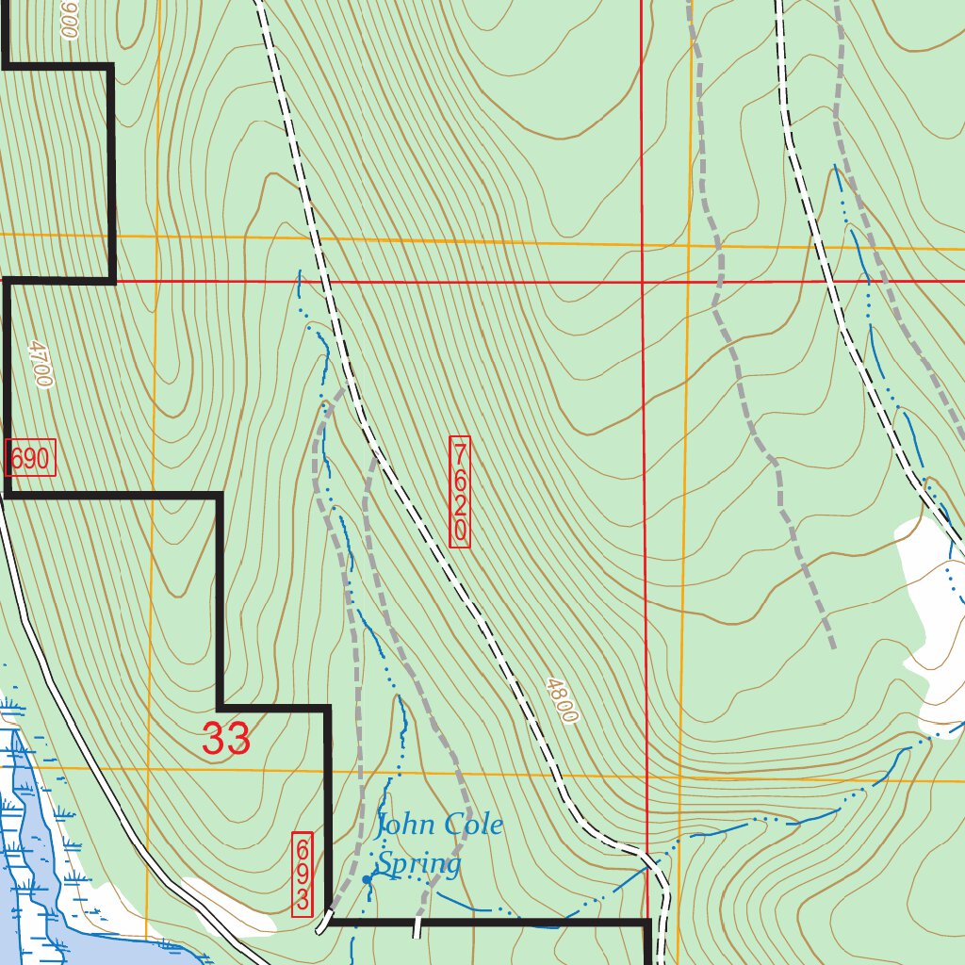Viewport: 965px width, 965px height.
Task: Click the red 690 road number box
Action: [30, 460]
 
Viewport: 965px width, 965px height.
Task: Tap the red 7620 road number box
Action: [459, 492]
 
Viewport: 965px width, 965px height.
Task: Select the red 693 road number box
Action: [303, 874]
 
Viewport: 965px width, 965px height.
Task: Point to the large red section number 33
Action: [226, 739]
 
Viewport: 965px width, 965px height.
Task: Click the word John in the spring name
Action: [406, 826]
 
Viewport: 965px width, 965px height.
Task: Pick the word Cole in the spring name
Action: [473, 826]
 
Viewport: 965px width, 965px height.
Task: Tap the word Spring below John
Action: [419, 863]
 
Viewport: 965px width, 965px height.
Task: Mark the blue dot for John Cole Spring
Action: [367, 879]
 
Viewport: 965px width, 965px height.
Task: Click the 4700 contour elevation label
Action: [39, 364]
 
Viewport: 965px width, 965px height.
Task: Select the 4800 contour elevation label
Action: [560, 699]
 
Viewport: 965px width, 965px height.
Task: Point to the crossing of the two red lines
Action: [643, 281]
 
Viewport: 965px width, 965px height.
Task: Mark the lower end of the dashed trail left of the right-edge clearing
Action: [834, 647]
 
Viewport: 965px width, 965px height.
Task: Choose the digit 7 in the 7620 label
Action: [459, 451]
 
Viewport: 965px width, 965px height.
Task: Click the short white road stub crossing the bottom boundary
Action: [416, 928]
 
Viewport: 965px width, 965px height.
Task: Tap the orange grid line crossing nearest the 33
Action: [149, 768]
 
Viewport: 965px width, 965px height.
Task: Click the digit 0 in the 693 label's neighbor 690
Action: [41, 460]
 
